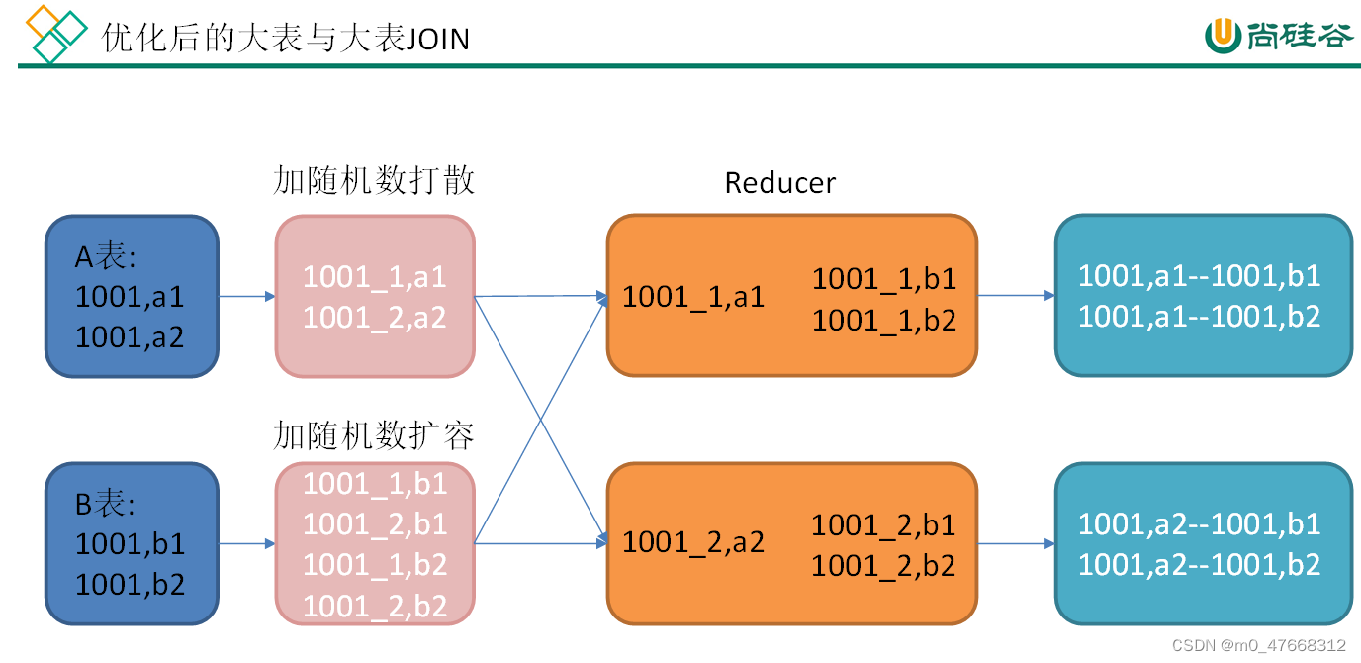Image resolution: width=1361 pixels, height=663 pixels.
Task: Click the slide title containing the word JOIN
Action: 285,38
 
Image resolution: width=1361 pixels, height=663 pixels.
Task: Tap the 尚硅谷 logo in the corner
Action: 1278,35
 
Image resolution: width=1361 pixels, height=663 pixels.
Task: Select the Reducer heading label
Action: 779,183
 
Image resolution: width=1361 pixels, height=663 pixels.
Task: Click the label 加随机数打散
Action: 374,180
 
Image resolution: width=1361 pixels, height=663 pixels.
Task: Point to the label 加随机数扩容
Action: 374,435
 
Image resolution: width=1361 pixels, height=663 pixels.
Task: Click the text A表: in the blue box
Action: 106,257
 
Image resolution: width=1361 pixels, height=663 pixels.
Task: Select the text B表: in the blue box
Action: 106,504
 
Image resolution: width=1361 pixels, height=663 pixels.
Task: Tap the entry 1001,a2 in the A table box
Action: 130,337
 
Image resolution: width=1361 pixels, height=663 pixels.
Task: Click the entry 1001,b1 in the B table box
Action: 130,543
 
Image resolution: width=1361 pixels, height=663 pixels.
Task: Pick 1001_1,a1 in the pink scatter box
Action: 374,276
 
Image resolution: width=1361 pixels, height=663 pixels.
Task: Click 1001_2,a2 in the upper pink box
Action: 374,317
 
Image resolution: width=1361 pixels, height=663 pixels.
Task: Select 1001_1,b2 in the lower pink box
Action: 374,565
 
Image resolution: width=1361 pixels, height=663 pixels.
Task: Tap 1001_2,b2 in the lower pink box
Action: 374,606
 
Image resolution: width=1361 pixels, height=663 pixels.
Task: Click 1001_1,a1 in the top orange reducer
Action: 692,297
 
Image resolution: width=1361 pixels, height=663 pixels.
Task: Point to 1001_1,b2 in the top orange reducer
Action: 883,321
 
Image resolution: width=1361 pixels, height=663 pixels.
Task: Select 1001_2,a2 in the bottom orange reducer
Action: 692,542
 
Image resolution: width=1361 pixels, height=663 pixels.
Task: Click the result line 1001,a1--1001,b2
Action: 1199,317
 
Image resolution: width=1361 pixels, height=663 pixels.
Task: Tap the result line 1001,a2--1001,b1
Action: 1199,522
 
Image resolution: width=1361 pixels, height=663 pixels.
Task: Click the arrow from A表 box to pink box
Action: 246,296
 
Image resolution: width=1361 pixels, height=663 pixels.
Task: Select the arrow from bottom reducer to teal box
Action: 1016,543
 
